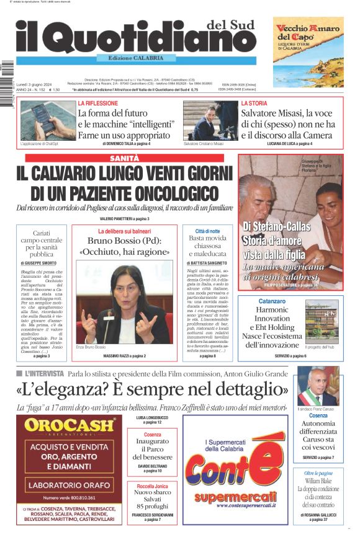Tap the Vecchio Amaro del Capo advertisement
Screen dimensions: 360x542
coord(308,52)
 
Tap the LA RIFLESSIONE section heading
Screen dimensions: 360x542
coord(97,103)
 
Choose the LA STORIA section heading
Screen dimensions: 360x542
coord(254,103)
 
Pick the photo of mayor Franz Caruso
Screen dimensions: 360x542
coord(317,386)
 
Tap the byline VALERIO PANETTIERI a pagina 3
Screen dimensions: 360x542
coord(124,219)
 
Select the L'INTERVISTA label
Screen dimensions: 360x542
coord(44,374)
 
